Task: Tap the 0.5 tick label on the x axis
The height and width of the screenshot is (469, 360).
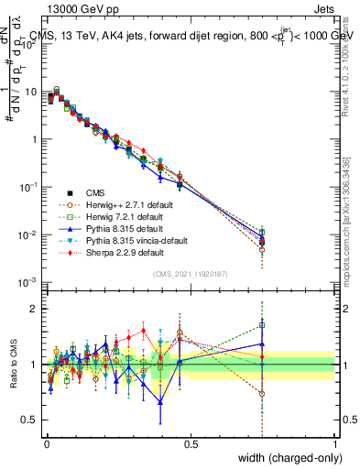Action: [191, 444]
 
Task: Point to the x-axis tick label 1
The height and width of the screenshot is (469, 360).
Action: [335, 444]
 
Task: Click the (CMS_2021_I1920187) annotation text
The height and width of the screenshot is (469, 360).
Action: [191, 275]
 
